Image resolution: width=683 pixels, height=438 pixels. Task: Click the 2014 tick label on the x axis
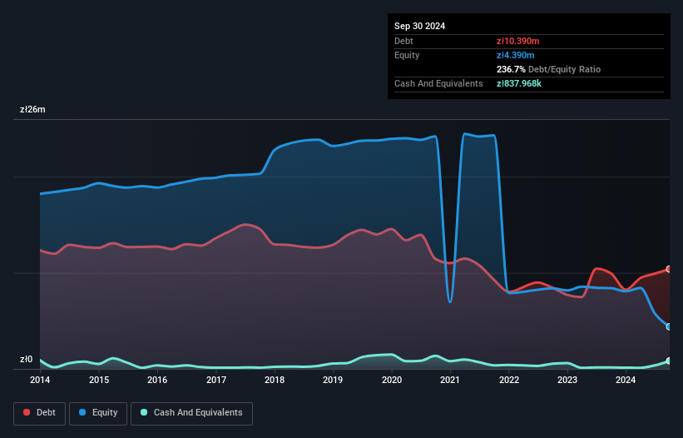pos(40,380)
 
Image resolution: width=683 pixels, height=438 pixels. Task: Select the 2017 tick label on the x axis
pos(216,380)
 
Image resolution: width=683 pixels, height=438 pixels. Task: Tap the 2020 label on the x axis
pos(392,380)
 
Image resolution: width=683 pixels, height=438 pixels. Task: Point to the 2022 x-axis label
pos(509,380)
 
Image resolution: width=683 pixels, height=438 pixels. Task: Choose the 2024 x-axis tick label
pos(626,380)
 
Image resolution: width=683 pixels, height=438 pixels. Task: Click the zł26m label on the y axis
pos(33,110)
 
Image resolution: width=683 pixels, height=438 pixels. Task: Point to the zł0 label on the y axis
pos(27,360)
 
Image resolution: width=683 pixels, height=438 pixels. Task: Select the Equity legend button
pos(99,412)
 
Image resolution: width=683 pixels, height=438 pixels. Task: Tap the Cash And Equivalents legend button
pos(191,412)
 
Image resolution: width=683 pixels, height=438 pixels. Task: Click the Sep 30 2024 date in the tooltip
pos(419,26)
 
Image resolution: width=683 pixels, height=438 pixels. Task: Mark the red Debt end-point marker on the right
pos(669,269)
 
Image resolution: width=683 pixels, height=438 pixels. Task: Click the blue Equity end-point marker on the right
pos(669,326)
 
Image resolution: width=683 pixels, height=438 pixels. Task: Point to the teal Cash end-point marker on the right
pos(669,361)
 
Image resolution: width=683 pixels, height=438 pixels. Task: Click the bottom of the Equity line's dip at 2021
pos(450,301)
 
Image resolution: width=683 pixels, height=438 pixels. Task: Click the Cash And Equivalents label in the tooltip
pos(438,83)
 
